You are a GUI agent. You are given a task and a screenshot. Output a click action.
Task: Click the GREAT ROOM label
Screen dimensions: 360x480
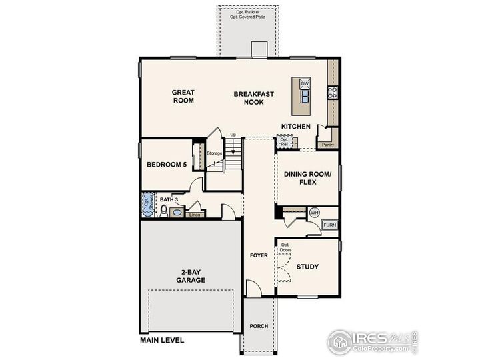coord(183,97)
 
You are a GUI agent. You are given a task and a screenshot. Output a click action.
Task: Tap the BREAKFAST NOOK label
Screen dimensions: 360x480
coord(253,98)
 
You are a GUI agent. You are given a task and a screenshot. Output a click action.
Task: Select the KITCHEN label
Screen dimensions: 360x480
coord(295,127)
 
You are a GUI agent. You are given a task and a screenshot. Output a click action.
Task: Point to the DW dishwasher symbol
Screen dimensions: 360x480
coord(305,83)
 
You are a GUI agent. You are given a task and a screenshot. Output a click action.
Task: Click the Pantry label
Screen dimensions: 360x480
coord(327,144)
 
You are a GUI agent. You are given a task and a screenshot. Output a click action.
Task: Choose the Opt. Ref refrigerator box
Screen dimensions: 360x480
coord(285,142)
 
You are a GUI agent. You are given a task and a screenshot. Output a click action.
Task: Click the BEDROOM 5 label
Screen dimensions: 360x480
coord(166,164)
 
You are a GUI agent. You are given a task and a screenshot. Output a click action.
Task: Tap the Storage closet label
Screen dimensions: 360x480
coord(214,153)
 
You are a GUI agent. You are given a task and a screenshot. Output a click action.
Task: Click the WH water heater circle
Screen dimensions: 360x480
coord(315,213)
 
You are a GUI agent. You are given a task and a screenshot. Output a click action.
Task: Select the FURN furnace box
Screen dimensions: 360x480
coord(329,225)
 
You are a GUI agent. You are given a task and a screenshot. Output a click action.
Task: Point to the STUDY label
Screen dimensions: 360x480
coord(307,267)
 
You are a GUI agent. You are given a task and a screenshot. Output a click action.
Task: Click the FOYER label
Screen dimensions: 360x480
coord(259,255)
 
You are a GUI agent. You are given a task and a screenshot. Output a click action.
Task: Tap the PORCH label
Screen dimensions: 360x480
coord(259,327)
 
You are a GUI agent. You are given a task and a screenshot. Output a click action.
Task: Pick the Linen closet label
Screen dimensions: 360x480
coord(195,215)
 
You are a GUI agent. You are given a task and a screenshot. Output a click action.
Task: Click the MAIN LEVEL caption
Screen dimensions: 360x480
coord(163,340)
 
